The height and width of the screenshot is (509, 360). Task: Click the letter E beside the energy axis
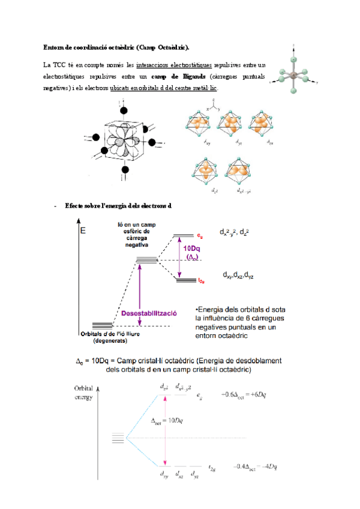(83, 230)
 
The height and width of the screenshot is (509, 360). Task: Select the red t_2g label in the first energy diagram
(202, 280)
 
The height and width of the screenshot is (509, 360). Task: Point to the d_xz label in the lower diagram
(178, 474)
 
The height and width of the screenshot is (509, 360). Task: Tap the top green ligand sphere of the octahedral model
(293, 59)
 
